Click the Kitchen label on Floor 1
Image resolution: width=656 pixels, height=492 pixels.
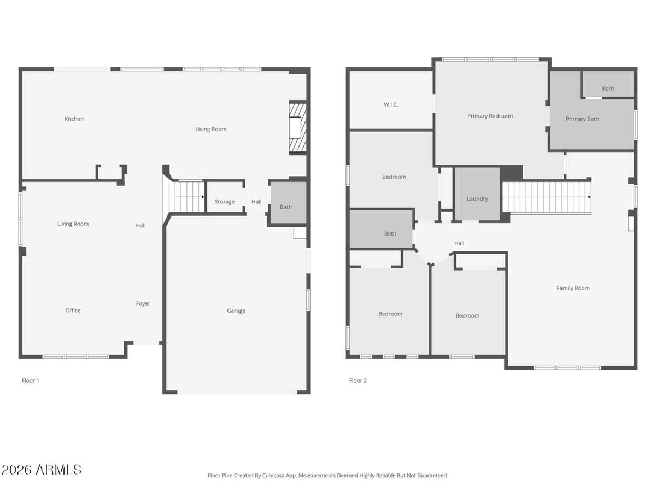tap(74, 119)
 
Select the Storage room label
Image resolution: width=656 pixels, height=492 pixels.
tap(224, 202)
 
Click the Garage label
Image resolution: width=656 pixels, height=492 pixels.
tap(236, 311)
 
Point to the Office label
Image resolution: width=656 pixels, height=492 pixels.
tap(73, 311)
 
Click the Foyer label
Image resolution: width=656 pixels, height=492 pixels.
tap(143, 303)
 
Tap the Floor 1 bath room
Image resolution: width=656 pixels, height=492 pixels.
tap(286, 207)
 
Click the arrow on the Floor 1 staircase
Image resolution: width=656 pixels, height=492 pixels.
tap(203, 197)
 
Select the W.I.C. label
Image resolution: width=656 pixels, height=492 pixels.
tap(390, 104)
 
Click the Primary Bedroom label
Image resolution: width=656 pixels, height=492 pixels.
tap(490, 116)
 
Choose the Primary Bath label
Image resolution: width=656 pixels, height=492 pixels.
tap(582, 119)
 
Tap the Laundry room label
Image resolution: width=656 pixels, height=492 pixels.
tap(477, 199)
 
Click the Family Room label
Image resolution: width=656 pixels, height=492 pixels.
tap(573, 288)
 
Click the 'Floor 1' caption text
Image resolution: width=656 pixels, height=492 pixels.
tap(30, 380)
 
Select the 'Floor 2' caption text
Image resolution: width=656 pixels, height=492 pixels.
tap(358, 380)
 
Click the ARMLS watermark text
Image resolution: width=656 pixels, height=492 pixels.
tap(42, 470)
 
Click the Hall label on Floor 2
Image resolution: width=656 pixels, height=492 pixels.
tap(459, 243)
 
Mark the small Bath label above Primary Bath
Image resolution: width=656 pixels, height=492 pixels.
tap(608, 89)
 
